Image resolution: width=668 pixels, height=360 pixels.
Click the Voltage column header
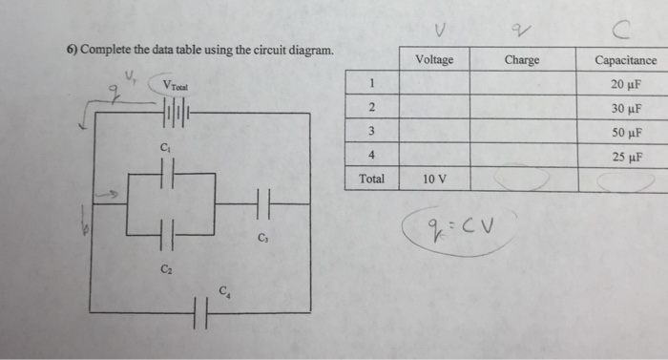click(x=435, y=59)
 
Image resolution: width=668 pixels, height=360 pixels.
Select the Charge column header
click(x=521, y=59)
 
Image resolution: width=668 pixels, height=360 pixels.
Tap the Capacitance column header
click(x=625, y=59)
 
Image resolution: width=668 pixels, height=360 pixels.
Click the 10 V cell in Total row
click(x=435, y=179)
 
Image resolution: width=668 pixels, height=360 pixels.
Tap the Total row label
click(x=371, y=179)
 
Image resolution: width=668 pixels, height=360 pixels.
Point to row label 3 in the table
click(x=371, y=131)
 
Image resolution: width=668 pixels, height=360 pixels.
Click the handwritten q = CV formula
click(x=461, y=228)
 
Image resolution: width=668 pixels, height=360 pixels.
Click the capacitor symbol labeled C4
click(x=199, y=311)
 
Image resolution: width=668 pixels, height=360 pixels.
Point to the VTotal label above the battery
click(x=177, y=84)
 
